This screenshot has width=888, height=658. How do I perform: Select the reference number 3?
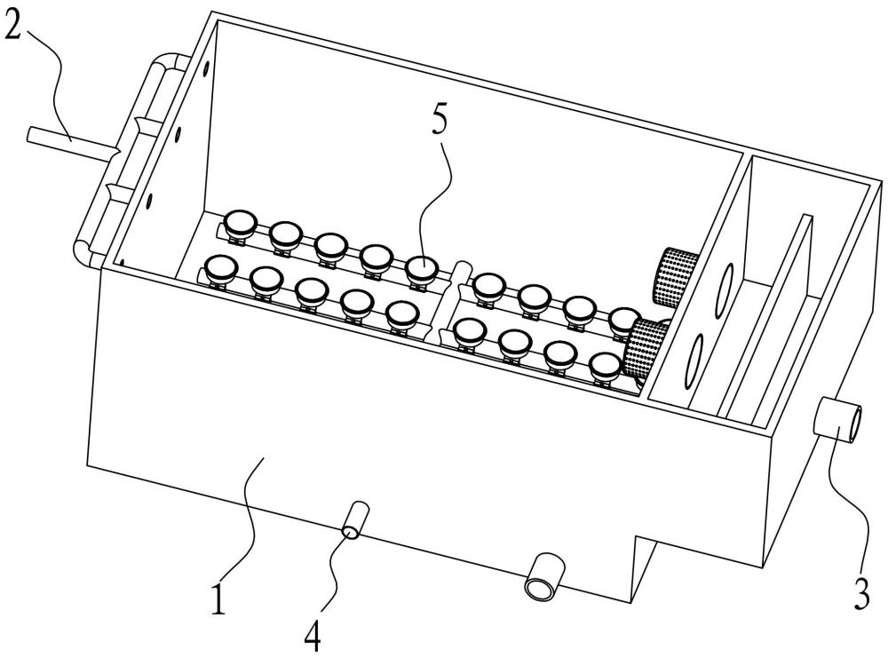click(860, 592)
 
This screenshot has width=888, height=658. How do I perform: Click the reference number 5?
click(441, 123)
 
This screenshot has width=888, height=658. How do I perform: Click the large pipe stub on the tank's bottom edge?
click(544, 577)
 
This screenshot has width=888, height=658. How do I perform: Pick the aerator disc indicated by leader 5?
click(423, 266)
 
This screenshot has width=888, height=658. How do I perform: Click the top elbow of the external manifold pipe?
click(165, 64)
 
